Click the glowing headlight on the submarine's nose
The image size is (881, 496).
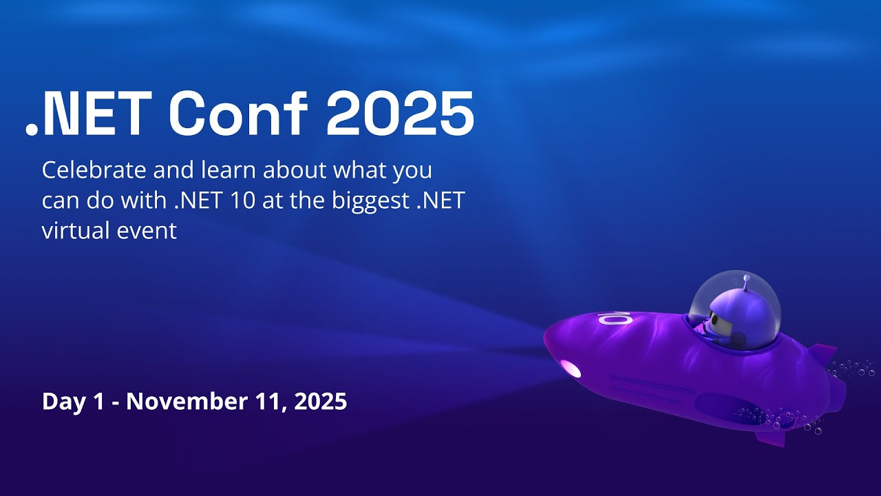tap(571, 369)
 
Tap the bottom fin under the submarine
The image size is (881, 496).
tap(770, 437)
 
